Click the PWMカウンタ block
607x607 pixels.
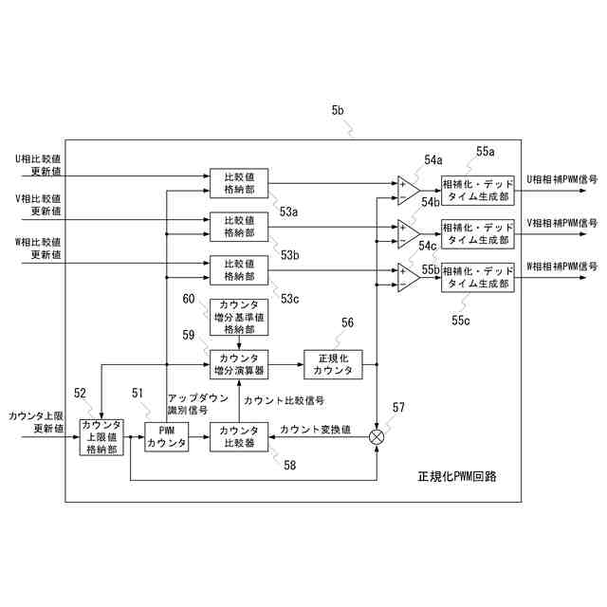(x=166, y=437)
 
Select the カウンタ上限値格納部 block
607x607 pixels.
(x=102, y=437)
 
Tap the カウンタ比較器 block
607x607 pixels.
(x=239, y=437)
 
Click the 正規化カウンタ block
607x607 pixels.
(x=333, y=363)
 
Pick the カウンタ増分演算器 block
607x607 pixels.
(x=239, y=363)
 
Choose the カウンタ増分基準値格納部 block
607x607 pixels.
(x=239, y=317)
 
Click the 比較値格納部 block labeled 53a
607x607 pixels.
(x=239, y=182)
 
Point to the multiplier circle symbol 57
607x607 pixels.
(x=377, y=436)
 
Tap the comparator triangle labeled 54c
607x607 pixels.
(x=408, y=274)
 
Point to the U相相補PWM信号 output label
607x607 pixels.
(x=562, y=179)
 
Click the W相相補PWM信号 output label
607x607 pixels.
(x=562, y=267)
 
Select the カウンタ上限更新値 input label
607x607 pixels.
(x=36, y=422)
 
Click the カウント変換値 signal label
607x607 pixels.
(x=316, y=430)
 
